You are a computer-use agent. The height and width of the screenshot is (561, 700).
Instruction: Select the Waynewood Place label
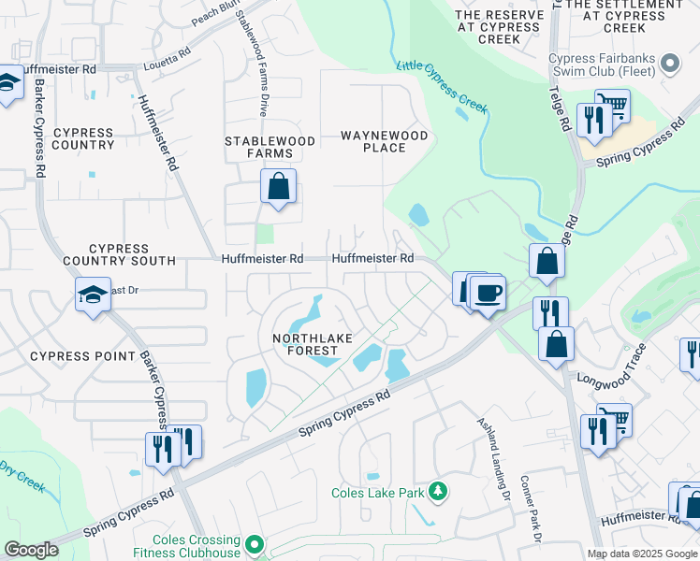(384, 141)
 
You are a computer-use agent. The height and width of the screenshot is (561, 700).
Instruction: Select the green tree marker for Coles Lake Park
(436, 491)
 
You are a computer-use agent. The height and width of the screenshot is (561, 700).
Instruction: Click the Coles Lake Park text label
(378, 493)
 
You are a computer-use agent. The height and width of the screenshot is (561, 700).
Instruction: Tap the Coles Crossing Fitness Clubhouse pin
(253, 543)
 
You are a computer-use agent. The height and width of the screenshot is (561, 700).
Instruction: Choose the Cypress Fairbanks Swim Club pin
(669, 64)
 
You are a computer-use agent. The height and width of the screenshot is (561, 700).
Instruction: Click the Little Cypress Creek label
(442, 85)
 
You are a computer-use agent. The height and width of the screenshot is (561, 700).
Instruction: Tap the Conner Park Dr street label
(530, 510)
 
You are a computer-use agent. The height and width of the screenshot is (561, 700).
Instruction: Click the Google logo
(31, 550)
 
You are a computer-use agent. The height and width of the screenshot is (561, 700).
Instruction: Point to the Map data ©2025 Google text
(641, 554)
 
